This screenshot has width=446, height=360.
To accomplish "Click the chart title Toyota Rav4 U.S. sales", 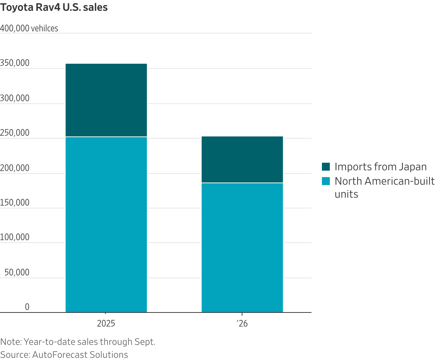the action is click(x=54, y=8).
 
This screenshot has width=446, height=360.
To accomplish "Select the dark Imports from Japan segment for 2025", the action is click(x=106, y=100).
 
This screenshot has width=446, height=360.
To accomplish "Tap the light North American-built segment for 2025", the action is click(x=106, y=225).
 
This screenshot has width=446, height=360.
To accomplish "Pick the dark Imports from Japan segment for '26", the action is click(x=242, y=159).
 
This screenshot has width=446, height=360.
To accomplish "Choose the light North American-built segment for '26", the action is click(x=242, y=248).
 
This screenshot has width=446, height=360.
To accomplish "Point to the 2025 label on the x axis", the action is click(x=106, y=324).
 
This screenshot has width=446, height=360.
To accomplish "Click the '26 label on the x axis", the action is click(x=242, y=324).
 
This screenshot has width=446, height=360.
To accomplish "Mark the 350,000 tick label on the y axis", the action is click(x=15, y=63).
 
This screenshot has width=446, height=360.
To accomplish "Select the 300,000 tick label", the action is click(x=15, y=98).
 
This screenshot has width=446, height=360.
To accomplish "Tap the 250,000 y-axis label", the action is click(x=15, y=133).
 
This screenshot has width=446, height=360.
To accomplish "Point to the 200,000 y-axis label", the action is click(x=15, y=168).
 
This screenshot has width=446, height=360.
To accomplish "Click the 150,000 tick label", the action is click(x=15, y=203).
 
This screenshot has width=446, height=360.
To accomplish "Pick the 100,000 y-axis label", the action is click(x=15, y=237).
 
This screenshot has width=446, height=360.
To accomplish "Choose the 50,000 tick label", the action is click(x=17, y=273).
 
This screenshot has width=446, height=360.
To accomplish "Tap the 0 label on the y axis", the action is click(x=27, y=307).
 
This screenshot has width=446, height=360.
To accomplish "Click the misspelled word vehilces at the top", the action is click(x=45, y=28).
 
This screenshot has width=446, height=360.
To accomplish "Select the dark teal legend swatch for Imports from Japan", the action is click(x=326, y=167).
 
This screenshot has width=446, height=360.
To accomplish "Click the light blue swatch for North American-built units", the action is click(x=326, y=181).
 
